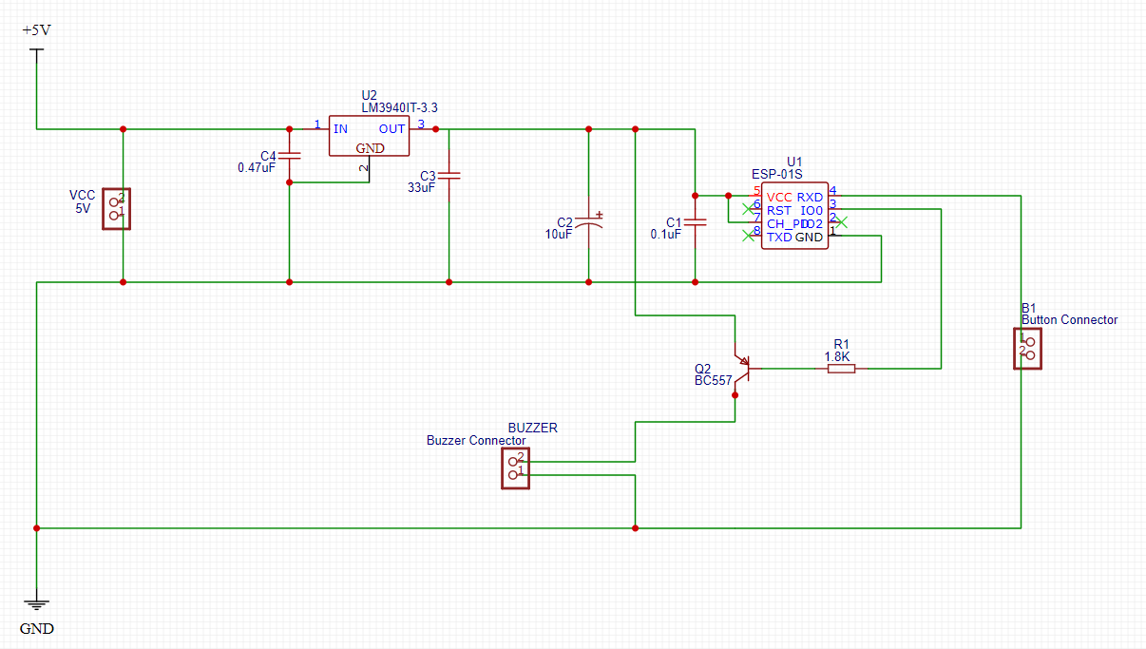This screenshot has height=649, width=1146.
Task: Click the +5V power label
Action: tap(36, 30)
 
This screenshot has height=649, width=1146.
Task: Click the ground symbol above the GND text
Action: tap(36, 603)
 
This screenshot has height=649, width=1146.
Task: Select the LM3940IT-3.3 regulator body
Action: tap(369, 136)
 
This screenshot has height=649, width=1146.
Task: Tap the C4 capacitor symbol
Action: tap(289, 154)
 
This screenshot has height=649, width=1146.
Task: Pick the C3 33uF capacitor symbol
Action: tap(449, 175)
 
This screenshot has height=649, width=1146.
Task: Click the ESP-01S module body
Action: tap(793, 217)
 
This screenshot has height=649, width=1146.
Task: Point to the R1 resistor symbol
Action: tap(841, 368)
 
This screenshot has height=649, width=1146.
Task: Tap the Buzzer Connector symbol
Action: tap(515, 467)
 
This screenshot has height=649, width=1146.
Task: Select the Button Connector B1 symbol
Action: tap(1027, 349)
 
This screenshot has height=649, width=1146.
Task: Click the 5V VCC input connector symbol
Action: tap(117, 208)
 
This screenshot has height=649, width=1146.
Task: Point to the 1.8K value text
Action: tap(838, 356)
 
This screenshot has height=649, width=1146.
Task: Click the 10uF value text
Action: tap(559, 234)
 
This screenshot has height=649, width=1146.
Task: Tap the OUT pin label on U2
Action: tap(392, 129)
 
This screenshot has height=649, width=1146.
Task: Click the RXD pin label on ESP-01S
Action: tap(810, 197)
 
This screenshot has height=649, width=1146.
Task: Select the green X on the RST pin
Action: tap(748, 209)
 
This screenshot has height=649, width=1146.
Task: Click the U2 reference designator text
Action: tap(369, 95)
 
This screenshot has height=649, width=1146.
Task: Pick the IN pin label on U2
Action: tap(340, 129)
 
